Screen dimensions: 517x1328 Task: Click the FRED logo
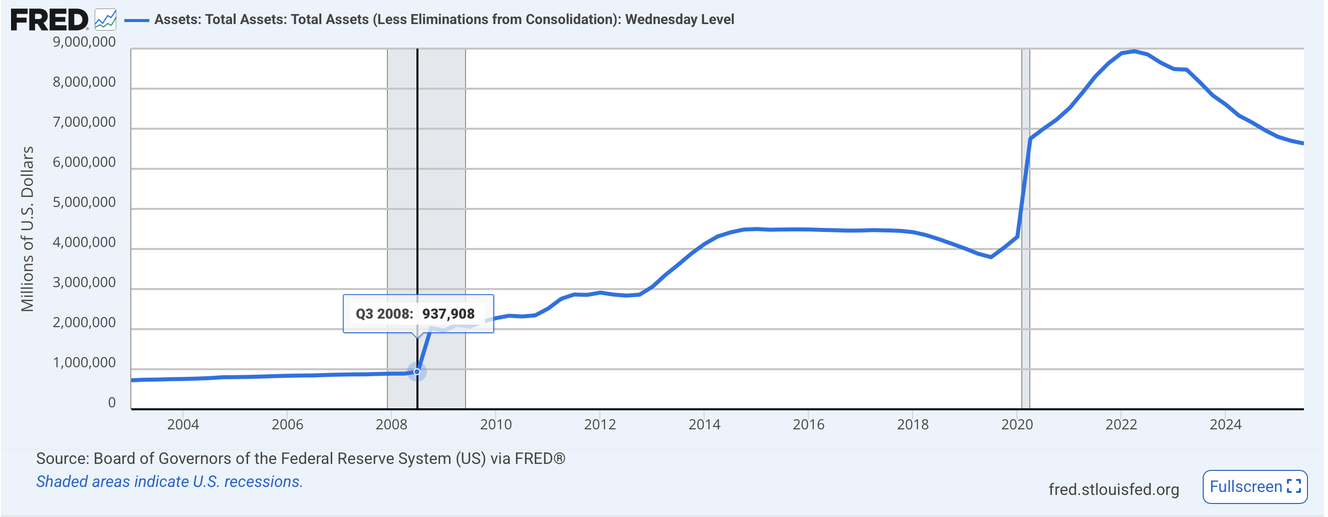coord(50,20)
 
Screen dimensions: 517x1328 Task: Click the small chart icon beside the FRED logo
coord(106,20)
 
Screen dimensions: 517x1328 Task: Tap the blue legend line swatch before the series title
coord(137,20)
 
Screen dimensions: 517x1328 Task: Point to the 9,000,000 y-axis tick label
coord(84,42)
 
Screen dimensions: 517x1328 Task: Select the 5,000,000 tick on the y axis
coord(84,202)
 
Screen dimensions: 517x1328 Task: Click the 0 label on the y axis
coord(112,403)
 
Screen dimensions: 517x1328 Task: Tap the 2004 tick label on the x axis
coord(183,424)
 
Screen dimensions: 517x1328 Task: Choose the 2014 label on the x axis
coord(704,424)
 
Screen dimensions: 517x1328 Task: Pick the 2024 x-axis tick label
coord(1225,424)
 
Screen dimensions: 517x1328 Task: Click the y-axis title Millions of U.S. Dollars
coord(27,229)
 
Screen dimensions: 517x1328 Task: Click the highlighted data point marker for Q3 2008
coord(417,372)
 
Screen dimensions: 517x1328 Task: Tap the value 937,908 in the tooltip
coord(448,314)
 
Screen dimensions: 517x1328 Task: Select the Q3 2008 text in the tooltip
coord(384,314)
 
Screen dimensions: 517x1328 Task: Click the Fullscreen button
coord(1254,486)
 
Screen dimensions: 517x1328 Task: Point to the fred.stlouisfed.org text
coord(1114,489)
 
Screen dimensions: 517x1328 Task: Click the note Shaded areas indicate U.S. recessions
coord(169,481)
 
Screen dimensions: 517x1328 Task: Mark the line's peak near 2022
coord(1134,51)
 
